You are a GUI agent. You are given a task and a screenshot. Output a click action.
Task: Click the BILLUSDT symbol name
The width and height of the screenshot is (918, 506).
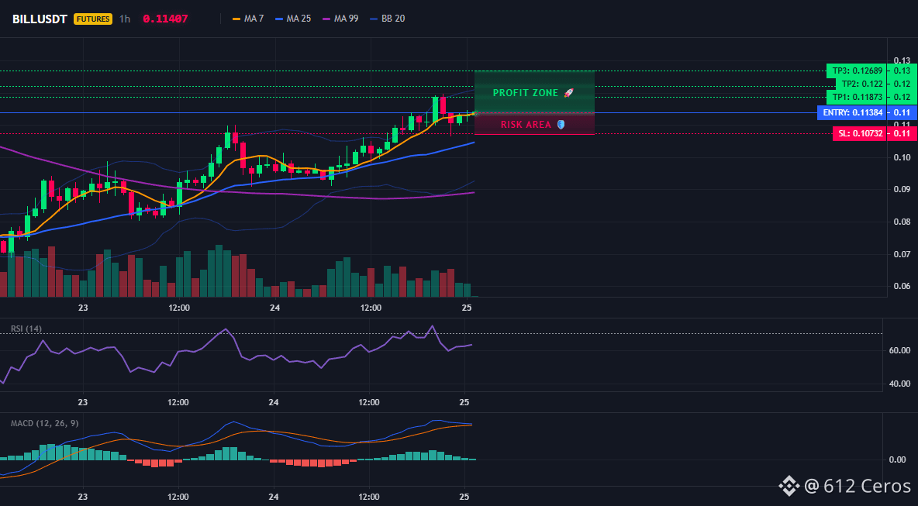click(40, 19)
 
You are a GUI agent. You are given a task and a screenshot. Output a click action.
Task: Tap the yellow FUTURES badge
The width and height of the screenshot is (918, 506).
click(92, 19)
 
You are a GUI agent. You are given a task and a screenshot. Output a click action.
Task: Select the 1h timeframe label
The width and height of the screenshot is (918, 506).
click(125, 19)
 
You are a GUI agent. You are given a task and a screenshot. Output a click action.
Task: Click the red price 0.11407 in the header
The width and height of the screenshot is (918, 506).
click(165, 19)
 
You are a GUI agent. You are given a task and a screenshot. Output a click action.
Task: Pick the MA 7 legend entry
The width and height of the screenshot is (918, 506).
click(247, 19)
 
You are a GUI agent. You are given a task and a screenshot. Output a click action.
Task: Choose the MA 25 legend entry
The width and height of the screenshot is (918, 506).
click(293, 19)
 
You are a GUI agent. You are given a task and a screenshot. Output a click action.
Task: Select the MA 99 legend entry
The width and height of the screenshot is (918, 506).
click(340, 19)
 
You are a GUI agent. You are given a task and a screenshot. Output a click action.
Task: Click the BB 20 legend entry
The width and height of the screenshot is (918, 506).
click(387, 19)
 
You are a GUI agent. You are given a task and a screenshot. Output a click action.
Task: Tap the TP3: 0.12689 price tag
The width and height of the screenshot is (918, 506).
click(855, 71)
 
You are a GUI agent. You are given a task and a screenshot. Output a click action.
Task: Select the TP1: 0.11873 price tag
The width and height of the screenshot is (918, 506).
click(855, 97)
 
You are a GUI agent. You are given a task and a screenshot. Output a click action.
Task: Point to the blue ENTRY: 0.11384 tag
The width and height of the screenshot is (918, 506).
click(851, 112)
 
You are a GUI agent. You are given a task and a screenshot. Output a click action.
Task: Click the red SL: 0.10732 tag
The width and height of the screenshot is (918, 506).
click(858, 133)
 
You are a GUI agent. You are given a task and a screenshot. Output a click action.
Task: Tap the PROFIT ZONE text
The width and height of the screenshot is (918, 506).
click(526, 93)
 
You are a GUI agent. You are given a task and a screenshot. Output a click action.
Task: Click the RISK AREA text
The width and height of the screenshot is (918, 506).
click(526, 125)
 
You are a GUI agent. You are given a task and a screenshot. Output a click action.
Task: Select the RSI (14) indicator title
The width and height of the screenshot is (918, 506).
click(26, 329)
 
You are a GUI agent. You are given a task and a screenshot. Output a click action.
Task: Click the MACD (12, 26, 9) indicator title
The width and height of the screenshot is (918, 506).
click(44, 423)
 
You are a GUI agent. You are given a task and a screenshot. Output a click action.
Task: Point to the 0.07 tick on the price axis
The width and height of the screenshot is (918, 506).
click(902, 254)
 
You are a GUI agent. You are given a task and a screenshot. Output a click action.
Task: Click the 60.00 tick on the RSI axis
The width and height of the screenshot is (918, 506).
click(900, 350)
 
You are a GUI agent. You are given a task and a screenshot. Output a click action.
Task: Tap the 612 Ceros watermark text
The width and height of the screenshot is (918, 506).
click(867, 486)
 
